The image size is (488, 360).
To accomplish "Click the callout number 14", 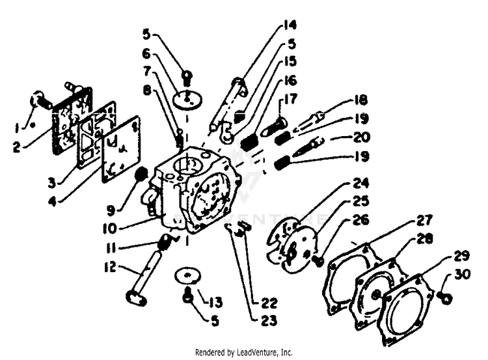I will coord(290,25).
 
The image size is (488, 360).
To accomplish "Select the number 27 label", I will coord(424,219).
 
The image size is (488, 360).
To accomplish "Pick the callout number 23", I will coord(267,321).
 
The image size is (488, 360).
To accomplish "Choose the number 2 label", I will coord(17,147).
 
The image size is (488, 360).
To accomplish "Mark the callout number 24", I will coord(361,183).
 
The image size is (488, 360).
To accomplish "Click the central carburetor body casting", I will coord(192,192).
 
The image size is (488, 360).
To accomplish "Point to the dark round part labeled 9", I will coord(139,174).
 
